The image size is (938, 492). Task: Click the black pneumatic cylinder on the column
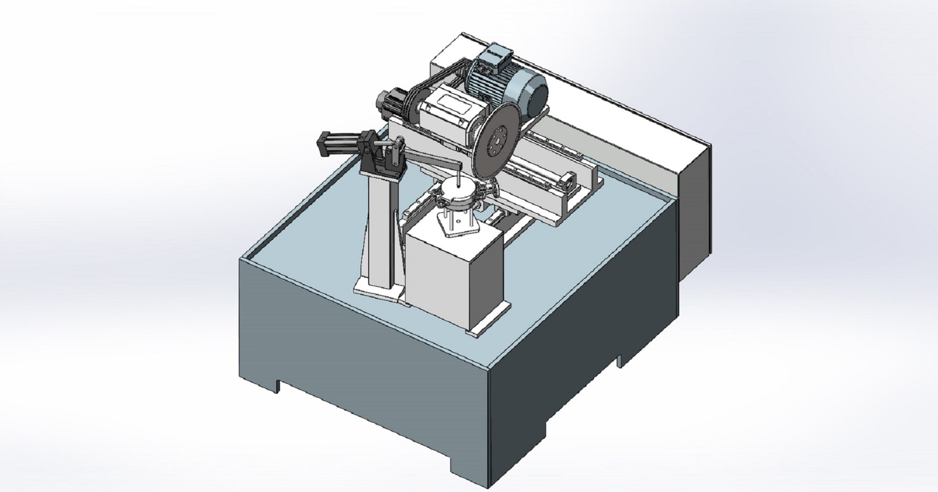(339, 142)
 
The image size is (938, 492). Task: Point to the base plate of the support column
(376, 291)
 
